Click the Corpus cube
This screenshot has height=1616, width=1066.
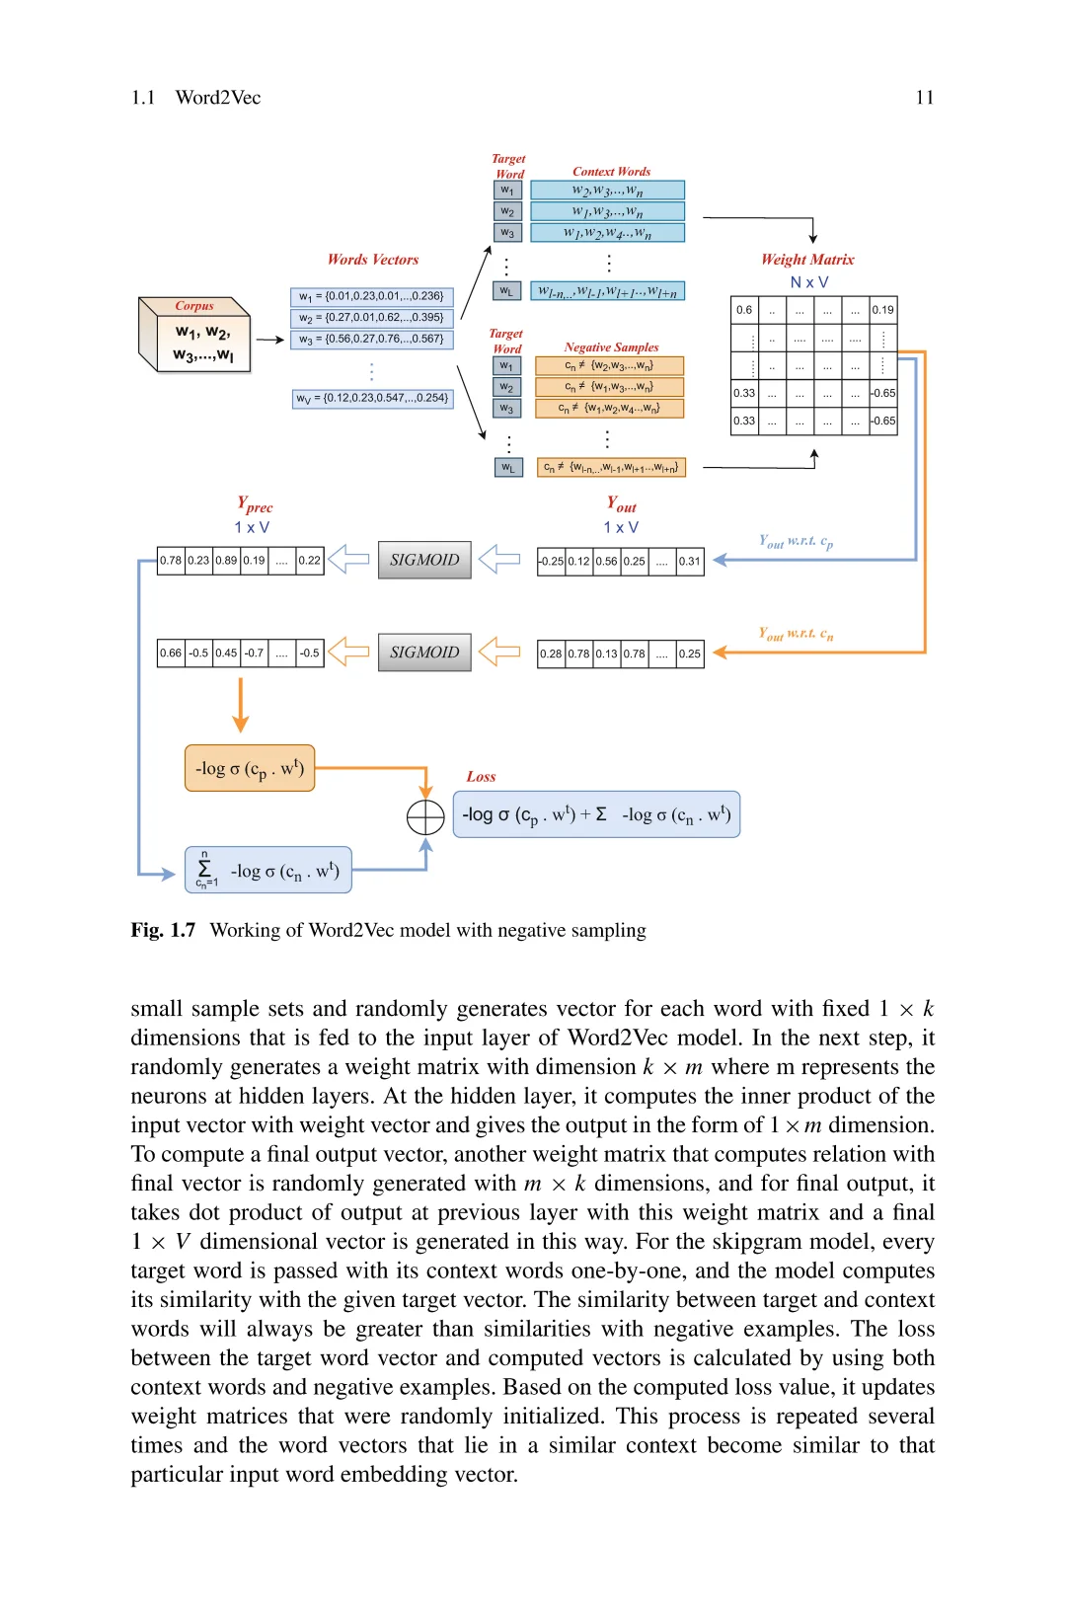pyautogui.click(x=195, y=335)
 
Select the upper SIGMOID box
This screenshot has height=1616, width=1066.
pyautogui.click(x=424, y=560)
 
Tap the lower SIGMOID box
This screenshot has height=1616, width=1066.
pyautogui.click(x=424, y=653)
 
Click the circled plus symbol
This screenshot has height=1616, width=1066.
pyautogui.click(x=425, y=817)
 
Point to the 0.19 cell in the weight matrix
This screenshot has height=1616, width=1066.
pyautogui.click(x=882, y=310)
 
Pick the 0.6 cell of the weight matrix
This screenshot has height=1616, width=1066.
pyautogui.click(x=744, y=310)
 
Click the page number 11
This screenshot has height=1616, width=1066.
pyautogui.click(x=924, y=98)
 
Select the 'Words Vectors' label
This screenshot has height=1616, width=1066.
pyautogui.click(x=373, y=260)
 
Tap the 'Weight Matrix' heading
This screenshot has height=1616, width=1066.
pyautogui.click(x=807, y=260)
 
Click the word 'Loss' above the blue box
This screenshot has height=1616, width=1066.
pyautogui.click(x=481, y=777)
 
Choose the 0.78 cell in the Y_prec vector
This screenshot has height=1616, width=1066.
pyautogui.click(x=171, y=561)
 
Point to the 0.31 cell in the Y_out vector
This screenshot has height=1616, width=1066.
pyautogui.click(x=689, y=562)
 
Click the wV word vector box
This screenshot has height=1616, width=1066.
pyautogui.click(x=373, y=399)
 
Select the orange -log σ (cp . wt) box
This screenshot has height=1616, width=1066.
pyautogui.click(x=250, y=768)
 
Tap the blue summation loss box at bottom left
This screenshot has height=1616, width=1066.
pyautogui.click(x=268, y=870)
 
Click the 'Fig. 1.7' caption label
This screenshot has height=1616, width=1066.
pyautogui.click(x=163, y=930)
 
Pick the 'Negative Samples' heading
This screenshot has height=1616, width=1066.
pyautogui.click(x=611, y=347)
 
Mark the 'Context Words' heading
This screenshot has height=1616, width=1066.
pyautogui.click(x=611, y=172)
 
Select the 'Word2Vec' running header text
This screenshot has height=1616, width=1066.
pyautogui.click(x=218, y=98)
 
